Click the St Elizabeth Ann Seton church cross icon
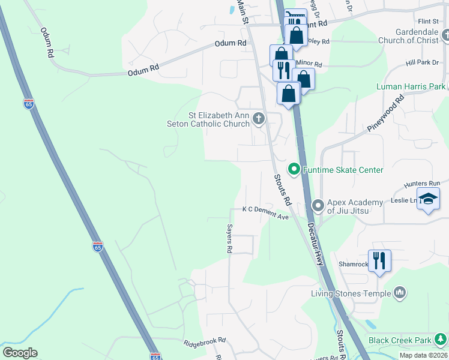click(x=259, y=118)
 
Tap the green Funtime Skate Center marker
click(x=294, y=170)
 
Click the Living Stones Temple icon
click(x=399, y=293)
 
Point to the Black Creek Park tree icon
click(x=441, y=340)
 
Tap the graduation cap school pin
click(x=428, y=199)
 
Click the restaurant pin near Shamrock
click(x=379, y=260)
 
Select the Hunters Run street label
click(x=423, y=183)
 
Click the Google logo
click(x=20, y=353)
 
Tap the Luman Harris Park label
click(x=411, y=86)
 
